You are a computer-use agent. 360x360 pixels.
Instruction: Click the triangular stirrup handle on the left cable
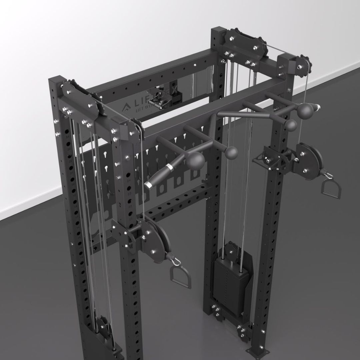(x=180, y=274)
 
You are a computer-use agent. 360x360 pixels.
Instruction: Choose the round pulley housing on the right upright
(x=310, y=160)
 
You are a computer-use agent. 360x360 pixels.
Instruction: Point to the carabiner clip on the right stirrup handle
(x=326, y=174)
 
